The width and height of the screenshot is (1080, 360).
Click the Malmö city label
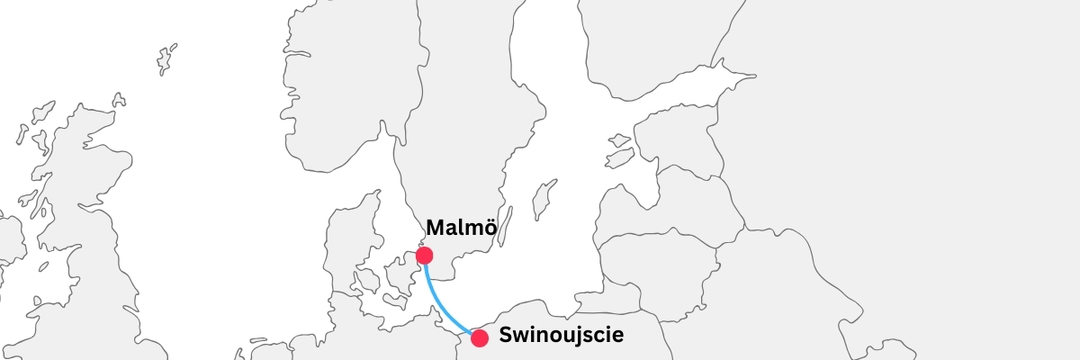point(461,228)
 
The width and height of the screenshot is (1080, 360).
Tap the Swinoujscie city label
point(561,337)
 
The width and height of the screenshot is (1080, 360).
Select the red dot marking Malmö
point(425,256)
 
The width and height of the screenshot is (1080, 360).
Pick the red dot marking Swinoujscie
point(480,338)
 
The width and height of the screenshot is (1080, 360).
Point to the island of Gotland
point(543,200)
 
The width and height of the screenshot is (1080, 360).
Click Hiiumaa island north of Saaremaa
point(620,140)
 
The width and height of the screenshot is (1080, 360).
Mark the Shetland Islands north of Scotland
point(166,59)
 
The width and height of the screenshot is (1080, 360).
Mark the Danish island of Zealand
point(400,270)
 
